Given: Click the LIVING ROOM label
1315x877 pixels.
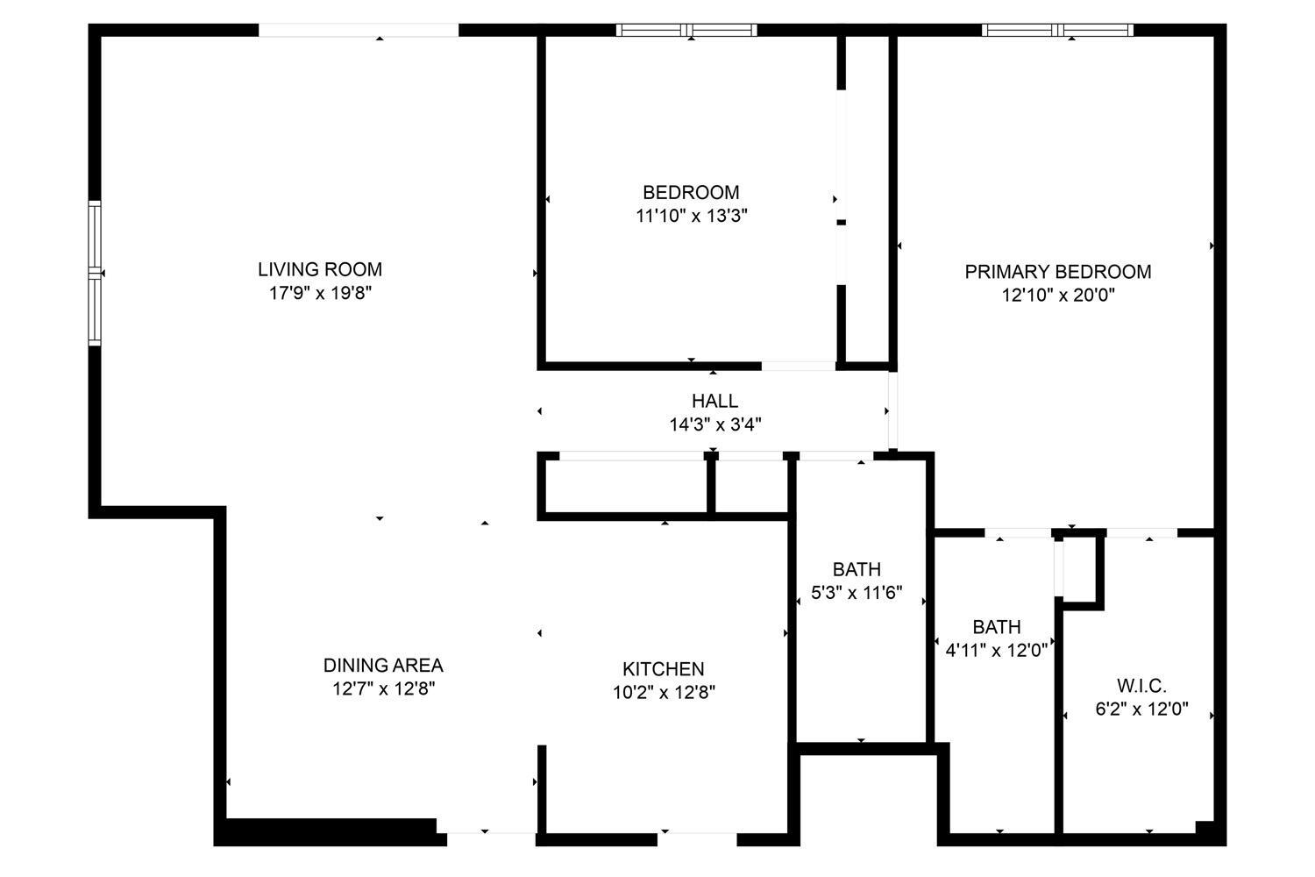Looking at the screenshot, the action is coord(320,269).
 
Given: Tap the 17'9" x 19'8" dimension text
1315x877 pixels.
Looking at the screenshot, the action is coord(320,293).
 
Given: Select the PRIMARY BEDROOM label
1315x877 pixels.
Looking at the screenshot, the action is coord(1058,271).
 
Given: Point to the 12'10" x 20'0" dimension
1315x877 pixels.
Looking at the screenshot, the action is coord(1058,295).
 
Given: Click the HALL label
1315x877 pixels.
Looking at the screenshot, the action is coord(714,401).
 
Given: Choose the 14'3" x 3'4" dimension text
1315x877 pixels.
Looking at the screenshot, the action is coord(715,424).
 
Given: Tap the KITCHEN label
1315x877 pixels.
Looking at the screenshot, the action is coord(664,668).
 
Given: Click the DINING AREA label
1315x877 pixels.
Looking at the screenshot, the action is coord(383,665).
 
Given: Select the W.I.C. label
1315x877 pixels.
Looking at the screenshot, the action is coord(1141,686).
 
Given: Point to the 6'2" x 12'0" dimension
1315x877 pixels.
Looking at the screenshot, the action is coord(1141,709).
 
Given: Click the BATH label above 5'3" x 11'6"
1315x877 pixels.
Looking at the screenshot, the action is coord(857,569).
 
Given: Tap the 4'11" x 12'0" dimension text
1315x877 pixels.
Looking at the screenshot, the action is coord(996,650).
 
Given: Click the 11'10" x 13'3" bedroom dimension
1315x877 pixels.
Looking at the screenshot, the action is coord(691,216).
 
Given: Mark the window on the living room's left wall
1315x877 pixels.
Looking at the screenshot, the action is coord(95,273).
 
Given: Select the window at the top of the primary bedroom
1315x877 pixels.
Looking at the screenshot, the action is coord(1058,30).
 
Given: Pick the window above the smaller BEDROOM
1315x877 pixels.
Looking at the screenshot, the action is coord(686,30).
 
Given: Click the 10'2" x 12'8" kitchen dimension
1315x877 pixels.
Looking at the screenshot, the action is coord(664,692).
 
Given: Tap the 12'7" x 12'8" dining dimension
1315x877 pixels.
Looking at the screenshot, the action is coord(383,688).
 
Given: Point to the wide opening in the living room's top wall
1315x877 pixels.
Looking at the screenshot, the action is coord(359,30).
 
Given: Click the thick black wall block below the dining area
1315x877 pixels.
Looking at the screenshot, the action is coord(330,831).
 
